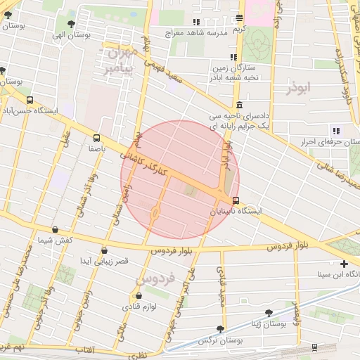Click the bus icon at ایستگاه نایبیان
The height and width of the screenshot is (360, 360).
[x=236, y=200]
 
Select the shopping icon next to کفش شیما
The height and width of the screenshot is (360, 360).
[x=56, y=229]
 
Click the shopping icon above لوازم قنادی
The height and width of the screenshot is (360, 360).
[x=139, y=295]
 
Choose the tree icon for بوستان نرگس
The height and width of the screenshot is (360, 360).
[x=221, y=328]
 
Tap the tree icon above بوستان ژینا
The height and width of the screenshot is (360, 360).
[x=269, y=313]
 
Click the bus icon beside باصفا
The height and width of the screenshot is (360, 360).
[x=96, y=139]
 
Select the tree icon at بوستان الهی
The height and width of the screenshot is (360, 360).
[x=72, y=23]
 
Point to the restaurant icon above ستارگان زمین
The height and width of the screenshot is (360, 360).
[x=233, y=58]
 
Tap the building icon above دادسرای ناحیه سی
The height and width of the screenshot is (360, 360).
[x=239, y=105]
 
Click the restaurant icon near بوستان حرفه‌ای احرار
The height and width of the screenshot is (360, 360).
[x=335, y=130]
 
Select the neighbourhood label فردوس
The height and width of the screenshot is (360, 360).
[x=148, y=279]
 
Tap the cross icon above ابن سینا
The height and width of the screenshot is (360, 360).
[x=343, y=264]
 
